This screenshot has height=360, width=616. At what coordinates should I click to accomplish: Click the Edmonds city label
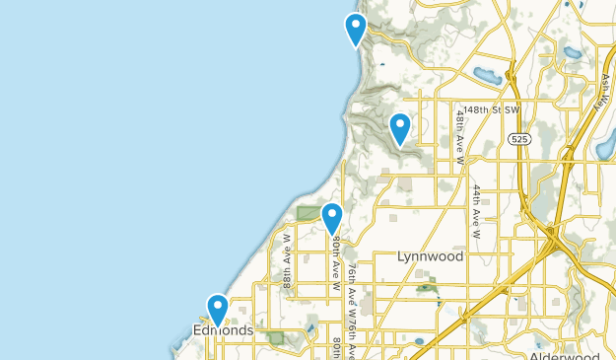[x=223, y=330]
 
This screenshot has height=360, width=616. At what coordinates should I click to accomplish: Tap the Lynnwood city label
[x=430, y=255]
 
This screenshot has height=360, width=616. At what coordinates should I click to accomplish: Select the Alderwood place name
[x=563, y=355]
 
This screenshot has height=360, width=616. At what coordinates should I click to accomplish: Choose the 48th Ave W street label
[x=459, y=128]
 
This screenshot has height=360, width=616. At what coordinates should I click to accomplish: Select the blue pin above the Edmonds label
[x=217, y=309]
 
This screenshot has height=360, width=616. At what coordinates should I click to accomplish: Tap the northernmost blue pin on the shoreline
[x=355, y=29]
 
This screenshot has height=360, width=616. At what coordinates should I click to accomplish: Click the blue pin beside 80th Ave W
[x=332, y=217]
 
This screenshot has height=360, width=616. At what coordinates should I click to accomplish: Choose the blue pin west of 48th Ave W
[x=399, y=128]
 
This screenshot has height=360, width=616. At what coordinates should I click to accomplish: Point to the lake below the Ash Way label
[x=604, y=151]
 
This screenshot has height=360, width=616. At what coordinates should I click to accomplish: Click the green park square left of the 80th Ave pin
[x=308, y=214]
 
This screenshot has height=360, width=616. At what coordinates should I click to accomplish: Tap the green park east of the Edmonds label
[x=275, y=337]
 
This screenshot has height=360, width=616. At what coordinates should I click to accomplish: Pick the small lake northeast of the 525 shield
[x=571, y=52]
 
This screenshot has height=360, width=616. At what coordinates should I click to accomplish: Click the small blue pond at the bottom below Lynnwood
[x=418, y=341]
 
